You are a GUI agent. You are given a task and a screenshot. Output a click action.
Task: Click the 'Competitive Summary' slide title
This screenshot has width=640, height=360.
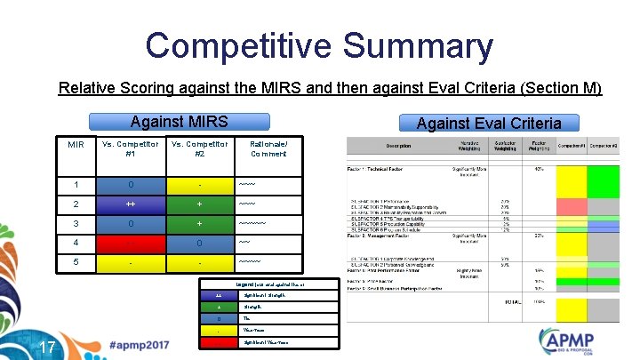click(319, 46)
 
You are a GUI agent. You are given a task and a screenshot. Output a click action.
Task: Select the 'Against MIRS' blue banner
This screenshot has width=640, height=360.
click(179, 122)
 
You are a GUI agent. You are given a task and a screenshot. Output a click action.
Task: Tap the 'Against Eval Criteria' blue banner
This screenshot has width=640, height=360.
click(488, 123)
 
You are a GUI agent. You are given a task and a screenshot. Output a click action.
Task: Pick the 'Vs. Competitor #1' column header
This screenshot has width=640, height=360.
click(131, 148)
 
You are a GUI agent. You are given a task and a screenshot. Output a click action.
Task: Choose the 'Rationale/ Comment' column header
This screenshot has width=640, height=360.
click(268, 148)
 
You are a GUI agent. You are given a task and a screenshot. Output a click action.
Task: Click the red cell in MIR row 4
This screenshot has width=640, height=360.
click(131, 242)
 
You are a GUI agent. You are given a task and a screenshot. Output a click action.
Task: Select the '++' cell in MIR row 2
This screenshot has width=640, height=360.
click(131, 204)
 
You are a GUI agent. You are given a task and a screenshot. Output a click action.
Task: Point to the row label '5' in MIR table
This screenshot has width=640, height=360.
click(76, 261)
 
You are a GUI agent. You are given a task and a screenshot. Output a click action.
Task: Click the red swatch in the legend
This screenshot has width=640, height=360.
click(219, 342)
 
